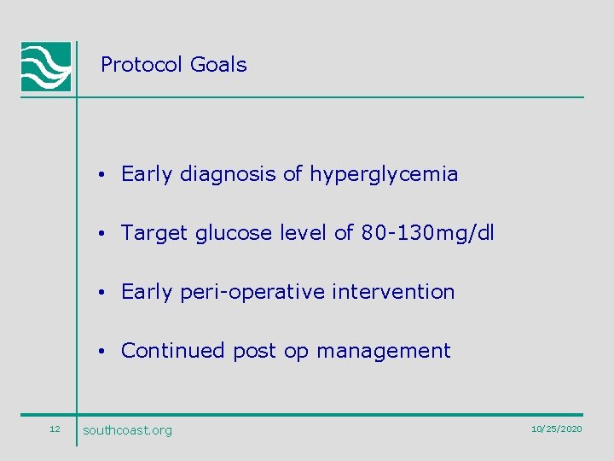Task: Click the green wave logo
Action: tap(45, 67)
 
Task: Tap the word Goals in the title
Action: tap(218, 65)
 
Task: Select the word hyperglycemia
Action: tap(384, 175)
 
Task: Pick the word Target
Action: tap(154, 234)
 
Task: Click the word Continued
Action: tap(174, 351)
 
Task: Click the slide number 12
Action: tap(55, 429)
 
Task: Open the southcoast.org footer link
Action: tap(127, 430)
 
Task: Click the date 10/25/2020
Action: tap(556, 429)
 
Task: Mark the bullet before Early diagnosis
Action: tap(101, 176)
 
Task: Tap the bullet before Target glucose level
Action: tap(101, 234)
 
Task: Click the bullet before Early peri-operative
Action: tap(101, 293)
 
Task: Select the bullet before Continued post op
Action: tap(101, 351)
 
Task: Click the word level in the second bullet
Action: tap(304, 233)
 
